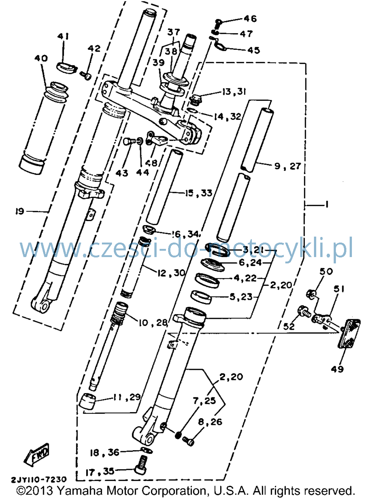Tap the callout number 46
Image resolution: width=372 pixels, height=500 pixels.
[x=250, y=19]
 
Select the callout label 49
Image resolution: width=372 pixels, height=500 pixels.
[x=337, y=369]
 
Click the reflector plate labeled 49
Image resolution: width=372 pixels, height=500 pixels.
[x=349, y=333]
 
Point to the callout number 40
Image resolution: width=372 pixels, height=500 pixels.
[x=41, y=58]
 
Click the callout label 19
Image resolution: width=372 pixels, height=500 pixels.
[x=20, y=211]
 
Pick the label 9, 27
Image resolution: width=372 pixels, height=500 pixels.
[x=288, y=166]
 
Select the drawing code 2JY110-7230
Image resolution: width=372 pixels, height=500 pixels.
[x=39, y=484]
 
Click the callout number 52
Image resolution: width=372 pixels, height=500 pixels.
[x=289, y=326]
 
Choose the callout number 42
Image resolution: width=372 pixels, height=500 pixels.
[x=94, y=48]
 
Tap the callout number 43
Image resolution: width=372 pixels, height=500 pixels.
[x=122, y=173]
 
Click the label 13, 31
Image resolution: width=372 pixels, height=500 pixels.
[x=234, y=92]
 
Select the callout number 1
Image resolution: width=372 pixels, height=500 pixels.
[x=326, y=205]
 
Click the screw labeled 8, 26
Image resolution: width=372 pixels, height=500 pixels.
[x=188, y=441]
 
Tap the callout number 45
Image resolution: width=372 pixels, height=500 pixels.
[x=253, y=50]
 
